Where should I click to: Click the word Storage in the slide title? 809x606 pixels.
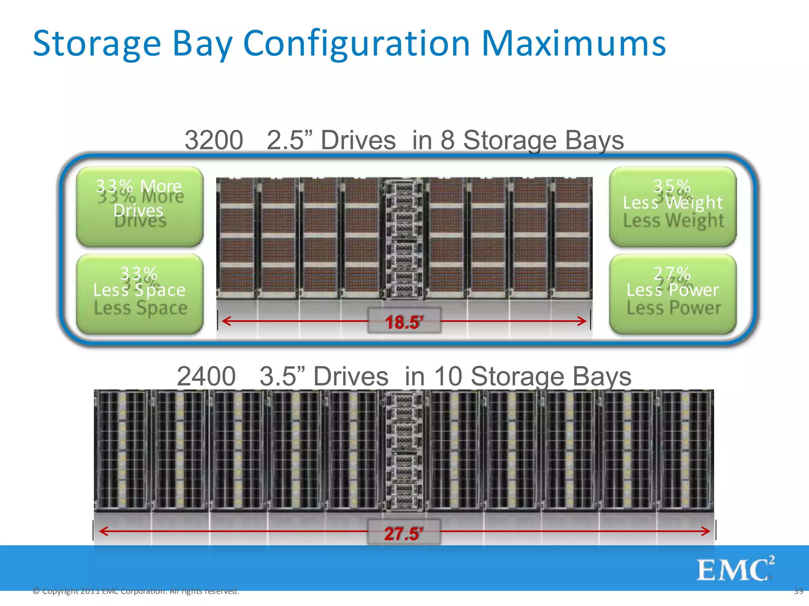pos(97,44)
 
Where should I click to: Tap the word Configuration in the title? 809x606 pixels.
pos(356,44)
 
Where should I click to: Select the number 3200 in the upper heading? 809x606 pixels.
pos(214,140)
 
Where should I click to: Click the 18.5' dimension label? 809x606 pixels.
pos(404,322)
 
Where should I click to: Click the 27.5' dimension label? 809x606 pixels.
pos(403,533)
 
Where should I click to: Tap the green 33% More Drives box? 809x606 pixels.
pos(139,206)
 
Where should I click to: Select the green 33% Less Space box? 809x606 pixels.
pos(139,294)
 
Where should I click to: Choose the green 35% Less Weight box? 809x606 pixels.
pos(673,206)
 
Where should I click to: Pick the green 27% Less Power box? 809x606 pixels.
pos(673,294)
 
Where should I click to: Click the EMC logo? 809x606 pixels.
pos(735,569)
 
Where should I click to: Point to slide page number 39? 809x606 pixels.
pos(798,591)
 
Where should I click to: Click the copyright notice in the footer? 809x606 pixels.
pos(136,591)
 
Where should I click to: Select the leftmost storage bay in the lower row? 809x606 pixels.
pos(122,451)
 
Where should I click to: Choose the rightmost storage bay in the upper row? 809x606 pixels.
pos(572,238)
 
